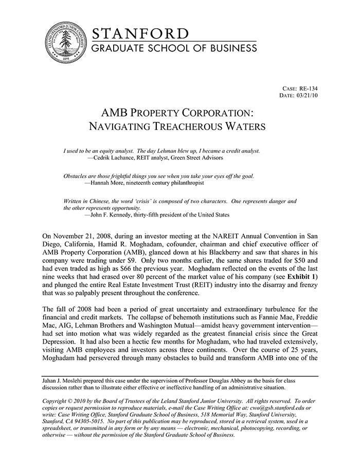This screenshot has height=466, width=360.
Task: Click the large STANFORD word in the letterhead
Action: [x=140, y=34]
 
